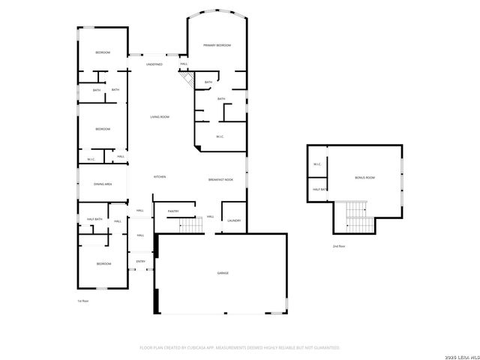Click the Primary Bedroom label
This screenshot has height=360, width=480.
pyautogui.click(x=217, y=46)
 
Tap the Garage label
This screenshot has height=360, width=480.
pyautogui.click(x=223, y=273)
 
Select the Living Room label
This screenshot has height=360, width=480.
pyautogui.click(x=159, y=117)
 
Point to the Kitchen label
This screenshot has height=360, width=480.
pyautogui.click(x=160, y=177)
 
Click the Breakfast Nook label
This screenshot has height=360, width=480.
pyautogui.click(x=221, y=180)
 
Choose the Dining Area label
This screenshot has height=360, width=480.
pyautogui.click(x=103, y=184)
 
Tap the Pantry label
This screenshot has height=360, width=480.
pyautogui.click(x=172, y=211)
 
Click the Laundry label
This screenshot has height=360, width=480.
pyautogui.click(x=233, y=220)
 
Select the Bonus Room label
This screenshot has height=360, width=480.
pyautogui.click(x=364, y=178)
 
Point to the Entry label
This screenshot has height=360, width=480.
pyautogui.click(x=140, y=262)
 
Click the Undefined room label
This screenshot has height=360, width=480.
pyautogui.click(x=154, y=64)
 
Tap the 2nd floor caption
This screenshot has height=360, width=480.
pyautogui.click(x=339, y=246)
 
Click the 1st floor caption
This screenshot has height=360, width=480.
pyautogui.click(x=83, y=301)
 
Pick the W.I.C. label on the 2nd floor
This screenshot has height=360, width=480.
pyautogui.click(x=317, y=165)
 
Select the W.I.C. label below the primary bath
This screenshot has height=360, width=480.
pyautogui.click(x=220, y=136)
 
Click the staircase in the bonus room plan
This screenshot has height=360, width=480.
pyautogui.click(x=358, y=218)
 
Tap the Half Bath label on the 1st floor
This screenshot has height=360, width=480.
pyautogui.click(x=94, y=219)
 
